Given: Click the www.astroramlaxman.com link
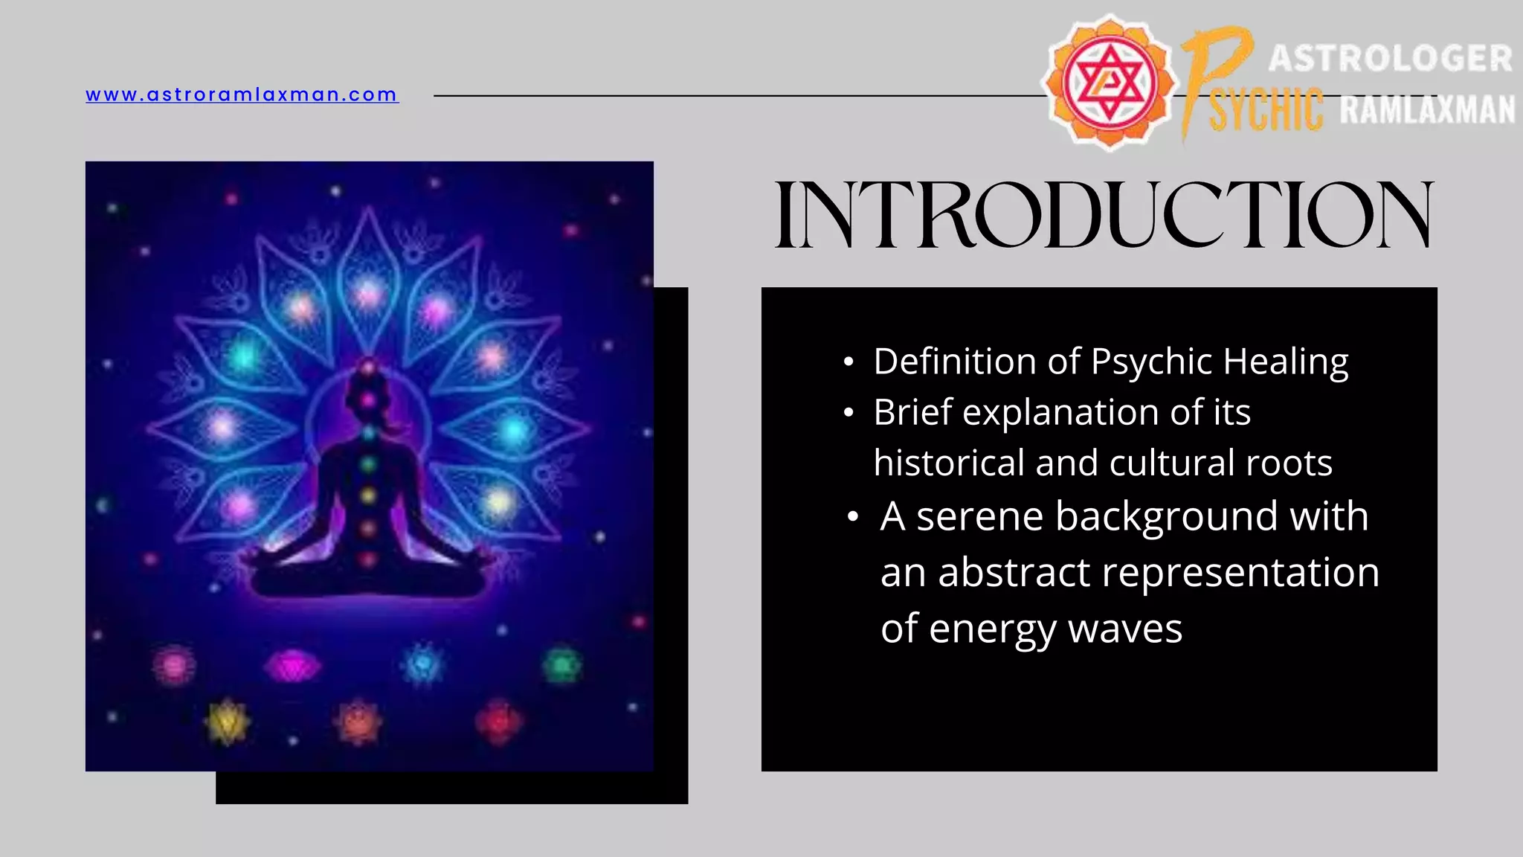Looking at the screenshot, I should tap(242, 94).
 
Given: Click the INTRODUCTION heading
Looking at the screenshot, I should tap(1104, 215).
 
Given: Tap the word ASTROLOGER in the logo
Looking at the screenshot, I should tap(1389, 59).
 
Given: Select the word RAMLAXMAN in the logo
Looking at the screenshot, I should tap(1426, 110).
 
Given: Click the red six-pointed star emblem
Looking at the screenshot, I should tap(1110, 82).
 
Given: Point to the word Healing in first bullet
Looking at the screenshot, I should tap(1285, 362).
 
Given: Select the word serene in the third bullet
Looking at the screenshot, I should tap(979, 516).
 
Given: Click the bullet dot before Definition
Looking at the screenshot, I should tap(849, 363).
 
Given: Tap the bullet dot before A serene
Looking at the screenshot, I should tap(853, 517).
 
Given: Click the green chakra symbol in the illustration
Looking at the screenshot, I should tap(561, 664).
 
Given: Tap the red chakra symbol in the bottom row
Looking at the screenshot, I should tap(498, 720).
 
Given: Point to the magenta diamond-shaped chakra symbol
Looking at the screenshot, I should tap(292, 666).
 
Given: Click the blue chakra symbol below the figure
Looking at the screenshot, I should tap(422, 664).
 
